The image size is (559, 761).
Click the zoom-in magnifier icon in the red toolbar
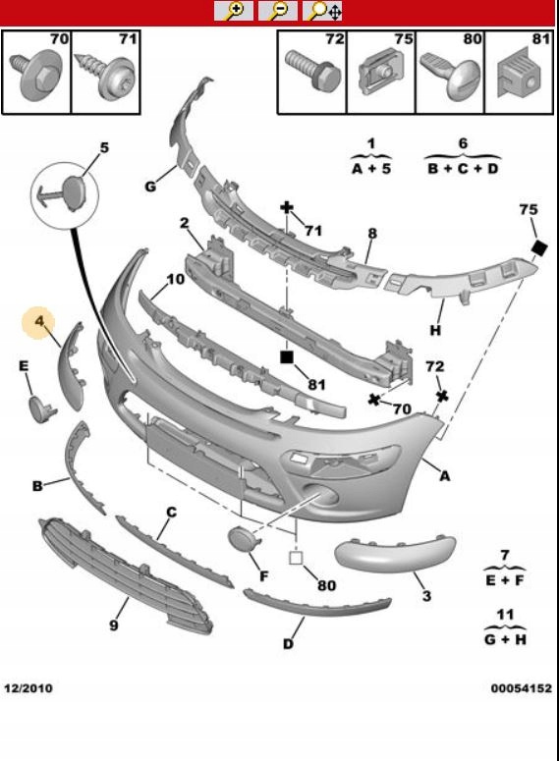coord(234,11)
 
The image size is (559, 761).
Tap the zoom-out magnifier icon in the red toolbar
coord(278,11)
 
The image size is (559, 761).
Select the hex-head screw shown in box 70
coord(35,74)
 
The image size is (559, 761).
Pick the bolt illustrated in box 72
coord(313,71)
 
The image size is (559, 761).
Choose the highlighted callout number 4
coord(39,321)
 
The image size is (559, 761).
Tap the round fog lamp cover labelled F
coord(241,541)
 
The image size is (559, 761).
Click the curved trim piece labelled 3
coord(394,553)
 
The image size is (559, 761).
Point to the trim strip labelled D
coord(316,605)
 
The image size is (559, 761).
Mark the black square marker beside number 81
coord(287,357)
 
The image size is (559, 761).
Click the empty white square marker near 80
coord(296,558)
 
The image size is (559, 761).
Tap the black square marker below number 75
coord(539,248)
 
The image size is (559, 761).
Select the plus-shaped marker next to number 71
coord(287,208)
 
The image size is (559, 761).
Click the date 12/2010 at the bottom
coord(28,688)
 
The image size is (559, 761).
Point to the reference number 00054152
coord(521,688)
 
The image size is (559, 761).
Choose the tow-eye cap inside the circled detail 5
coord(75,192)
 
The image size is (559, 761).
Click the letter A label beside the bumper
coord(444,476)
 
